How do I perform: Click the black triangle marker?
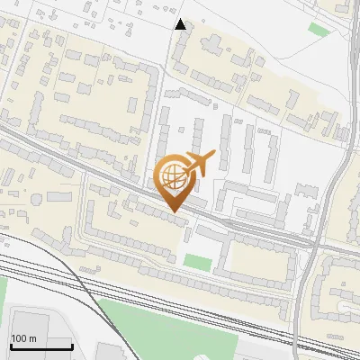181,24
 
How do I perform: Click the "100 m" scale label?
23,338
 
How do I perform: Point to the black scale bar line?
41,347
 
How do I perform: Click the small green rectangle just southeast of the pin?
197,262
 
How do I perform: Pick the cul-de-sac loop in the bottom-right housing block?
346,310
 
